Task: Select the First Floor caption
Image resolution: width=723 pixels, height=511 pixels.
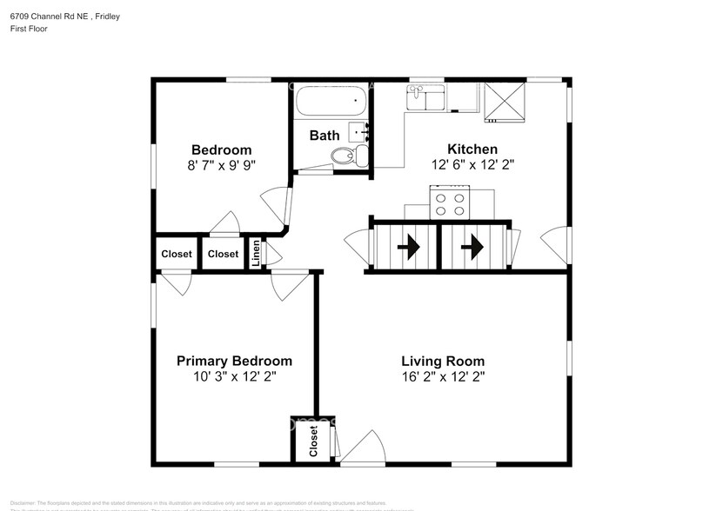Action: click(x=30, y=29)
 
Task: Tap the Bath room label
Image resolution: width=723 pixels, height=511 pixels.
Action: click(x=325, y=136)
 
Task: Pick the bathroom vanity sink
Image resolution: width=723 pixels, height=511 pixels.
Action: click(x=359, y=132)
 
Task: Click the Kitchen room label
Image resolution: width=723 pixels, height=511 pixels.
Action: click(x=472, y=149)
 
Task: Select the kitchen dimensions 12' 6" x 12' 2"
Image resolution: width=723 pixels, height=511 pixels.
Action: click(x=472, y=165)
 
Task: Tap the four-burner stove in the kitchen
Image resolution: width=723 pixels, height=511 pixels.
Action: click(x=450, y=204)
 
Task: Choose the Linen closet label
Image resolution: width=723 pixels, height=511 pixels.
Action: click(x=256, y=253)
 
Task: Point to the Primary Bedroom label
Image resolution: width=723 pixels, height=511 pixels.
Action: click(x=234, y=361)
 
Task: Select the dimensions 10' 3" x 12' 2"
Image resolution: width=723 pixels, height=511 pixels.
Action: click(x=234, y=377)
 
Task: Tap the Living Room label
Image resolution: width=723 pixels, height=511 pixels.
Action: click(x=443, y=361)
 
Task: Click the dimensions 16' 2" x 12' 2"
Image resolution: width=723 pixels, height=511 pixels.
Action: click(x=443, y=377)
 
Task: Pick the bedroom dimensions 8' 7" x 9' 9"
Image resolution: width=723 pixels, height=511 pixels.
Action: click(x=222, y=165)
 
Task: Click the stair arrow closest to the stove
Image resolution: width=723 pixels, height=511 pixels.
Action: click(x=472, y=249)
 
